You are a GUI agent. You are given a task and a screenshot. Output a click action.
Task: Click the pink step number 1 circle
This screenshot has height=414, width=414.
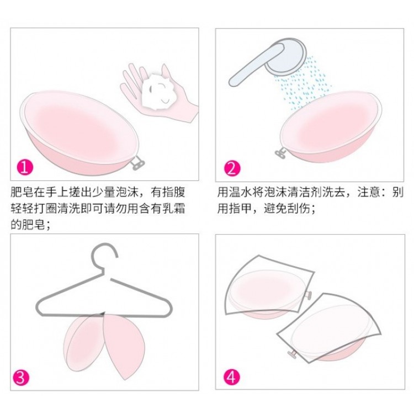[x=25, y=167]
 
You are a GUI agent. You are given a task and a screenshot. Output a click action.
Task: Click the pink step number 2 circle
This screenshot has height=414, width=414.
[x=232, y=168]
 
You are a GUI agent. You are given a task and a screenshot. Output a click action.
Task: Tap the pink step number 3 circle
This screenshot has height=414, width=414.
[x=21, y=378]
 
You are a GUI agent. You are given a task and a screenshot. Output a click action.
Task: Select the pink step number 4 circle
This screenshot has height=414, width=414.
[x=231, y=377]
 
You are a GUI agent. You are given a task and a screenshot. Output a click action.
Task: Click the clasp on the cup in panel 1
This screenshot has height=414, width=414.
[x=137, y=163]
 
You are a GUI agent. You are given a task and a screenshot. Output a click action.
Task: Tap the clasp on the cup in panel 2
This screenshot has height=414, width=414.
[x=280, y=153]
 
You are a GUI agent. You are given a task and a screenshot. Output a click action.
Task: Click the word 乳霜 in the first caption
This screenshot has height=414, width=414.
[x=174, y=209]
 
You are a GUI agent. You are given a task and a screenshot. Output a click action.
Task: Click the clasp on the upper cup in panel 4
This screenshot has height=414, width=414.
[x=308, y=295]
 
